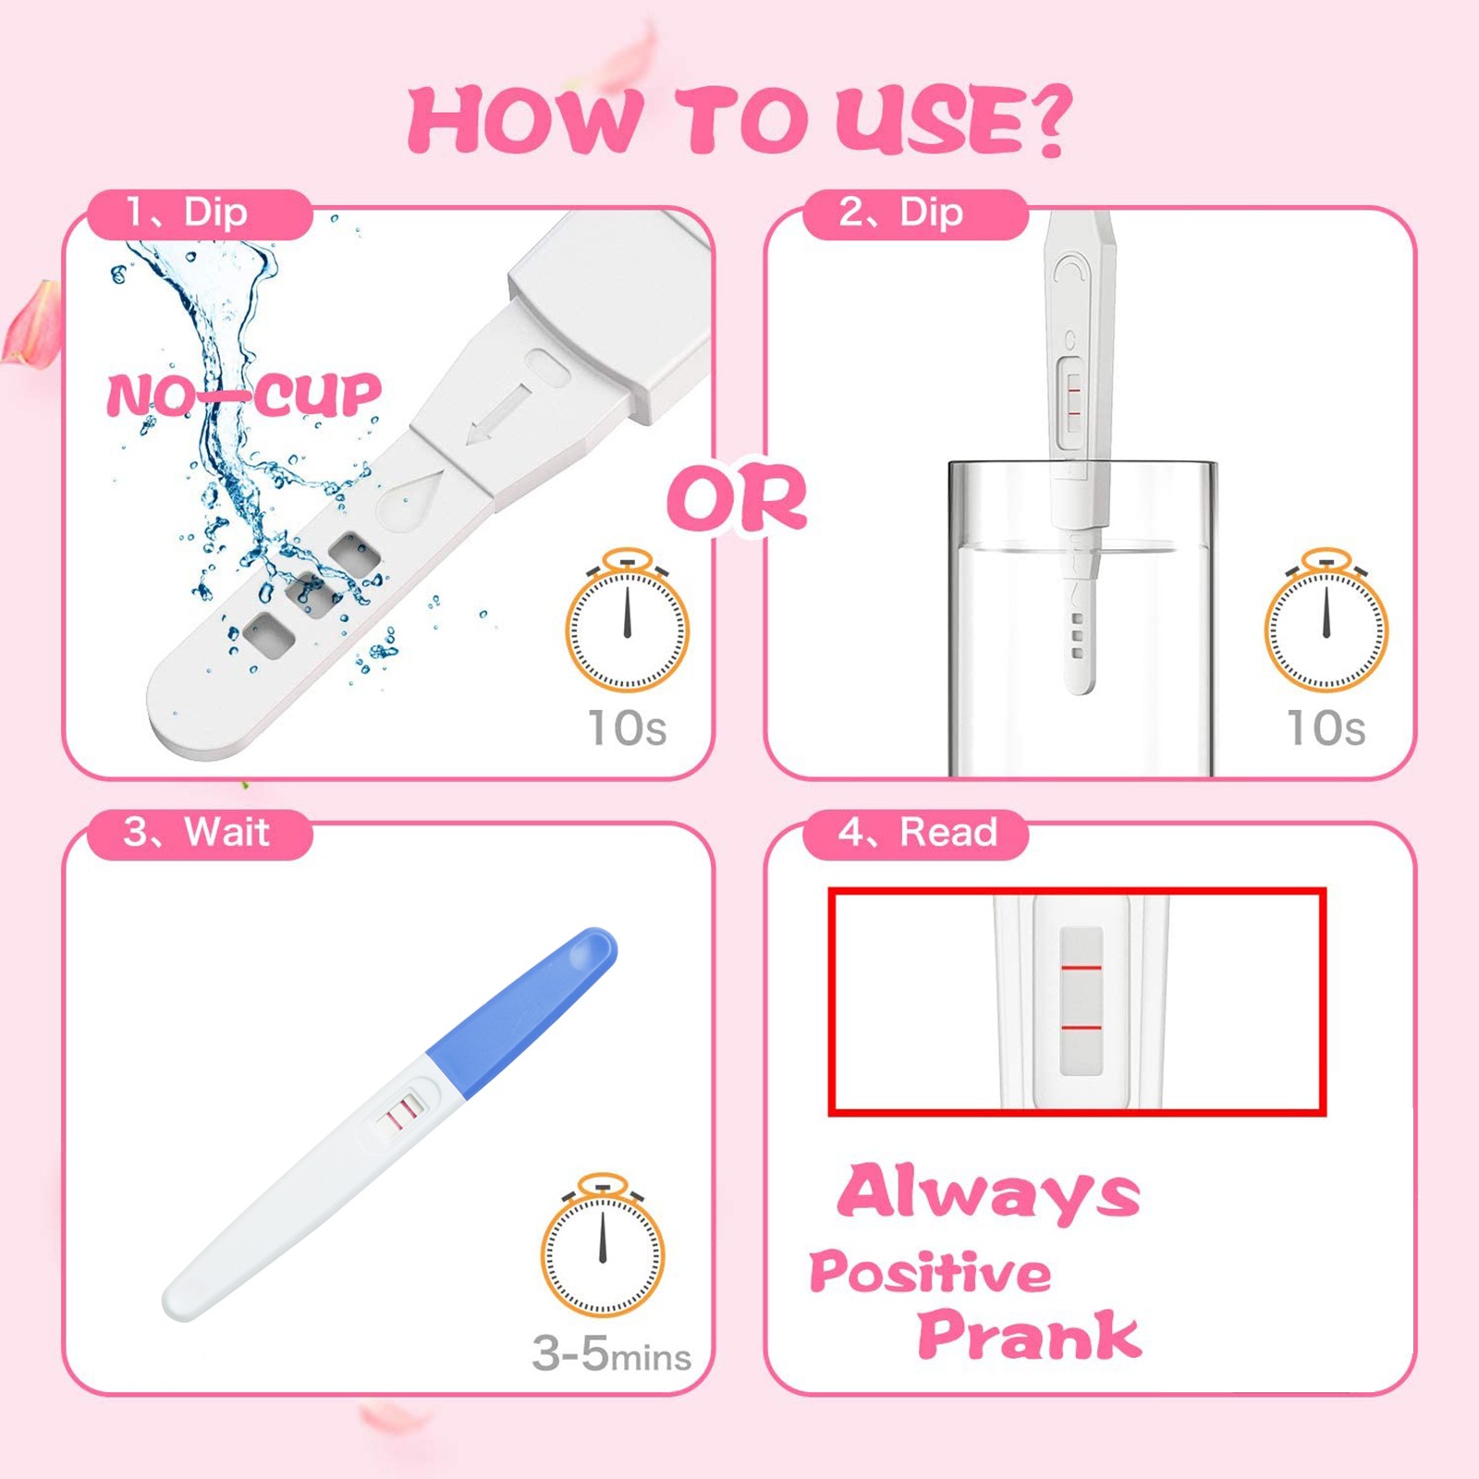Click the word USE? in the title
tap(953, 120)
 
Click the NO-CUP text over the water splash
tap(244, 395)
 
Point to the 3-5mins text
tap(612, 1354)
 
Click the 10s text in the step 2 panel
tap(1326, 727)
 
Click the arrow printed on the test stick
tap(500, 413)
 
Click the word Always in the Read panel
tap(989, 1194)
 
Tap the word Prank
tap(1030, 1335)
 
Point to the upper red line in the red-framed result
tap(1081, 968)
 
